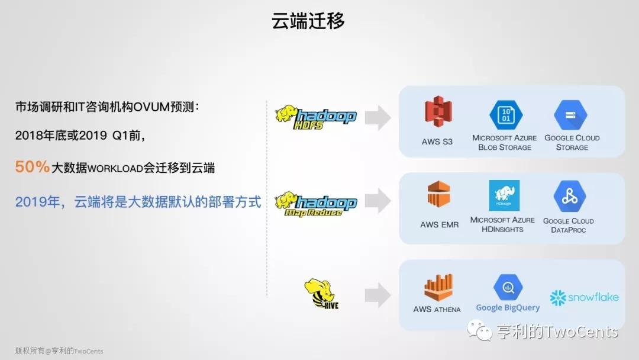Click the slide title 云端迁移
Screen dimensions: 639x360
(308, 21)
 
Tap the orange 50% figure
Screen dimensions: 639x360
(32, 167)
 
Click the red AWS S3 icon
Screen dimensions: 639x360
(438, 111)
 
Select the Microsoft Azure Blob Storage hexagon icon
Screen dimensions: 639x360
(506, 115)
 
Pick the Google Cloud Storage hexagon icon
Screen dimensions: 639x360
(570, 115)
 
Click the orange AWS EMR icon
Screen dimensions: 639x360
(438, 194)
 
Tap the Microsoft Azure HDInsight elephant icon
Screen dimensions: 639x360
(504, 195)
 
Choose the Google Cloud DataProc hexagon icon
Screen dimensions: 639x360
(570, 197)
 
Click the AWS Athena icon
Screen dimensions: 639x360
(438, 287)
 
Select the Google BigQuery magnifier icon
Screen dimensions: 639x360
(508, 287)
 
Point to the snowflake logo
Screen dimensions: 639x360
(584, 298)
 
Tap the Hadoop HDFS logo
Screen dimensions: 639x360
(316, 117)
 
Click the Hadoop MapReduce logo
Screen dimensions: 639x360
(316, 204)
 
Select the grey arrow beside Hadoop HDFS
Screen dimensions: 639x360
(377, 118)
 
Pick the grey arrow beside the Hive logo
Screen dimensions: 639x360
(377, 295)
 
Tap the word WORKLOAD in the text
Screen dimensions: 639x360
(115, 168)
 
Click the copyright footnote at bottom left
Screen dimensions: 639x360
(59, 351)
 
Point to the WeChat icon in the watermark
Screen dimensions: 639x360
(480, 330)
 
